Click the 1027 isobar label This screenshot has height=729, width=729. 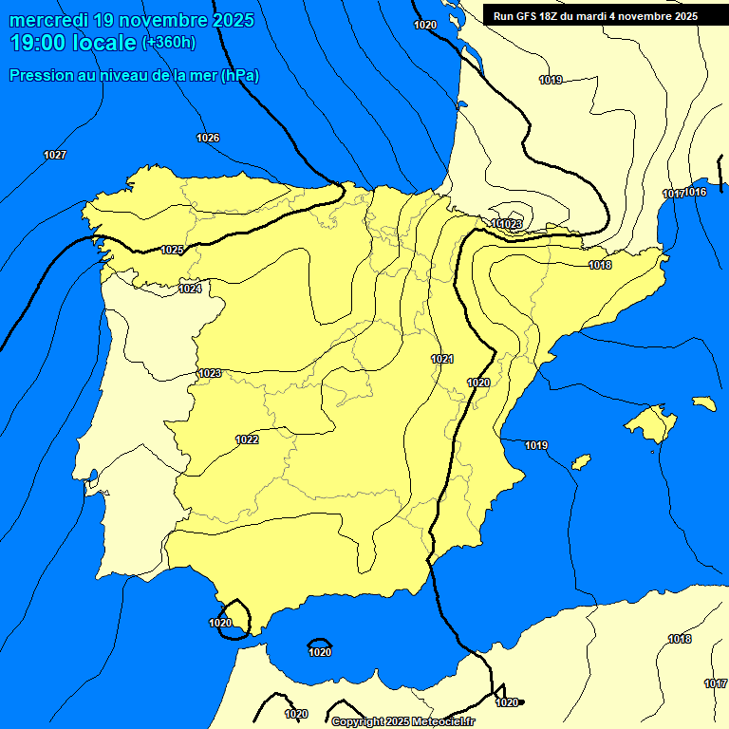[x=55, y=155]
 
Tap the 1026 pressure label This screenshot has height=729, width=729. [x=208, y=139]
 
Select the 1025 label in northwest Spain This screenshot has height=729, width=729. [x=172, y=251]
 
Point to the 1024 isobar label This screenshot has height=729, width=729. [x=190, y=289]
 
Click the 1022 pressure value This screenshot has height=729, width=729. [x=248, y=439]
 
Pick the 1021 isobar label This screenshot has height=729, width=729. [x=441, y=359]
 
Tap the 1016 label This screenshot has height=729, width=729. [x=696, y=193]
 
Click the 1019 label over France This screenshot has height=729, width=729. [x=551, y=81]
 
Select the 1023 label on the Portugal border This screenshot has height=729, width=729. [x=210, y=373]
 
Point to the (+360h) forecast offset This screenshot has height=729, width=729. [x=168, y=43]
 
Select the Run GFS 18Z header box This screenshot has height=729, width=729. [x=595, y=16]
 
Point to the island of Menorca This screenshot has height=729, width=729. [x=703, y=403]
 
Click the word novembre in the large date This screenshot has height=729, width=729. [x=157, y=19]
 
